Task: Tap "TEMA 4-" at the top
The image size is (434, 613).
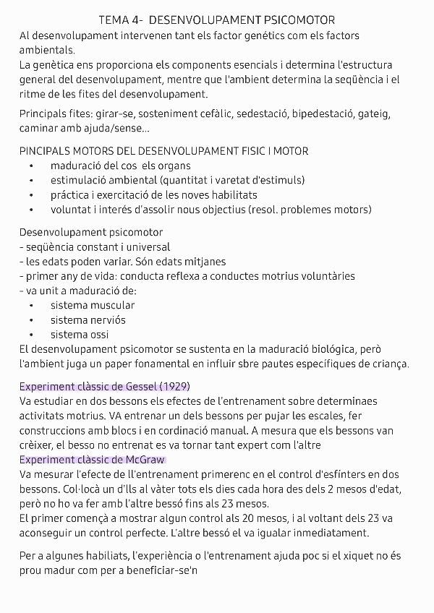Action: [119, 20]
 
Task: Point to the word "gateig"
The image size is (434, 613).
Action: [374, 114]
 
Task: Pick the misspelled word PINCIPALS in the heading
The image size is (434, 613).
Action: [46, 151]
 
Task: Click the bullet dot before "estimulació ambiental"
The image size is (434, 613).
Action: [32, 181]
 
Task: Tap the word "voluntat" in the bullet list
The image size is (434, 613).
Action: [72, 210]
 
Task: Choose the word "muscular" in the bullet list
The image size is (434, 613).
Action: [112, 305]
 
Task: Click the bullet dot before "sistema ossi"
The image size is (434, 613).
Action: [32, 335]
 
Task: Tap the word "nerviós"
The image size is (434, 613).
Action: [108, 320]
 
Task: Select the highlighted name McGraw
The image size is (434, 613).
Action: [143, 459]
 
